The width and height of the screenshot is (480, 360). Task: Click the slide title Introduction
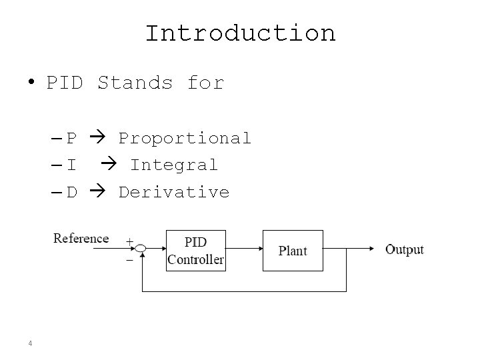(240, 33)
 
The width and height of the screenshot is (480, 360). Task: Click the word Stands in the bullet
(135, 83)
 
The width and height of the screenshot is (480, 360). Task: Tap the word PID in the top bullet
(65, 83)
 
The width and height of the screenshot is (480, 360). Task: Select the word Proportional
(185, 138)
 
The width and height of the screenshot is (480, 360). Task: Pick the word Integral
(173, 165)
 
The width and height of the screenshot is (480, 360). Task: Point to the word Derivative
(173, 192)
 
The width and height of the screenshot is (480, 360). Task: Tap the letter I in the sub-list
(71, 165)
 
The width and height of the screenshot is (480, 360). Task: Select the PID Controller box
(195, 250)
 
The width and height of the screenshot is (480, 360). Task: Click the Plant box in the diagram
(293, 250)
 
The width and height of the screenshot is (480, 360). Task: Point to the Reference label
(81, 239)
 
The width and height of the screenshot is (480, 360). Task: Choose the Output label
(405, 250)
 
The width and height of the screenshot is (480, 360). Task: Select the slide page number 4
(31, 343)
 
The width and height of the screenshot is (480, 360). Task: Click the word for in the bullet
(205, 83)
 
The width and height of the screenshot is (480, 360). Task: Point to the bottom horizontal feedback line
(243, 291)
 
